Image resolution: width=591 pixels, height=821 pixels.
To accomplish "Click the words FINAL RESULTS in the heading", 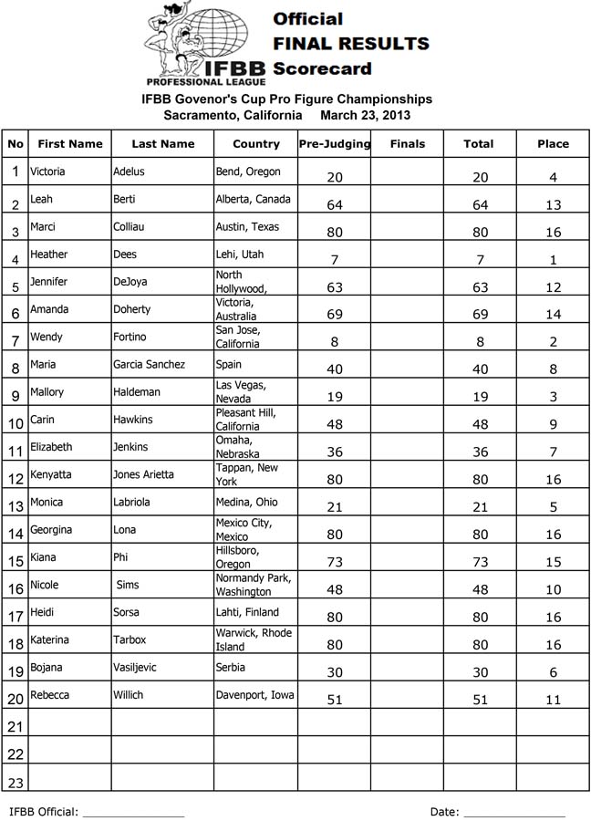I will (351, 43).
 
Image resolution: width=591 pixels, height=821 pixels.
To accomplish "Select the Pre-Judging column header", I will (334, 143).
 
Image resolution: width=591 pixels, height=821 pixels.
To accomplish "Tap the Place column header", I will (553, 143).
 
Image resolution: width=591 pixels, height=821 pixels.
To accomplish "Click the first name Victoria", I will (47, 171).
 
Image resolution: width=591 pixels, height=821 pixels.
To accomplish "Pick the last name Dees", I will (126, 255).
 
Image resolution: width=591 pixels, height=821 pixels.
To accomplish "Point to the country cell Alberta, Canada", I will (254, 199).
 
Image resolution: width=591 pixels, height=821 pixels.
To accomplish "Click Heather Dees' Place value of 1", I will (553, 261).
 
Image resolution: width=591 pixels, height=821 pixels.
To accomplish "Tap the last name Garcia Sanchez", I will (149, 364).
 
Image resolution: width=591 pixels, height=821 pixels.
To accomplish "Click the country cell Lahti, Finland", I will (247, 612).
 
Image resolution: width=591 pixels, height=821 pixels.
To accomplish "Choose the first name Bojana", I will (47, 667).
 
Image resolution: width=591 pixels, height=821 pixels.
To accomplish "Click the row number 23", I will (16, 782).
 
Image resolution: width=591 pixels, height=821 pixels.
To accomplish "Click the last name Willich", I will (130, 695).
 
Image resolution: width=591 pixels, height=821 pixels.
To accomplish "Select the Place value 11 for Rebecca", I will (553, 701).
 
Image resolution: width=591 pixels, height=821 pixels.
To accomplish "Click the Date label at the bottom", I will (445, 811).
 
